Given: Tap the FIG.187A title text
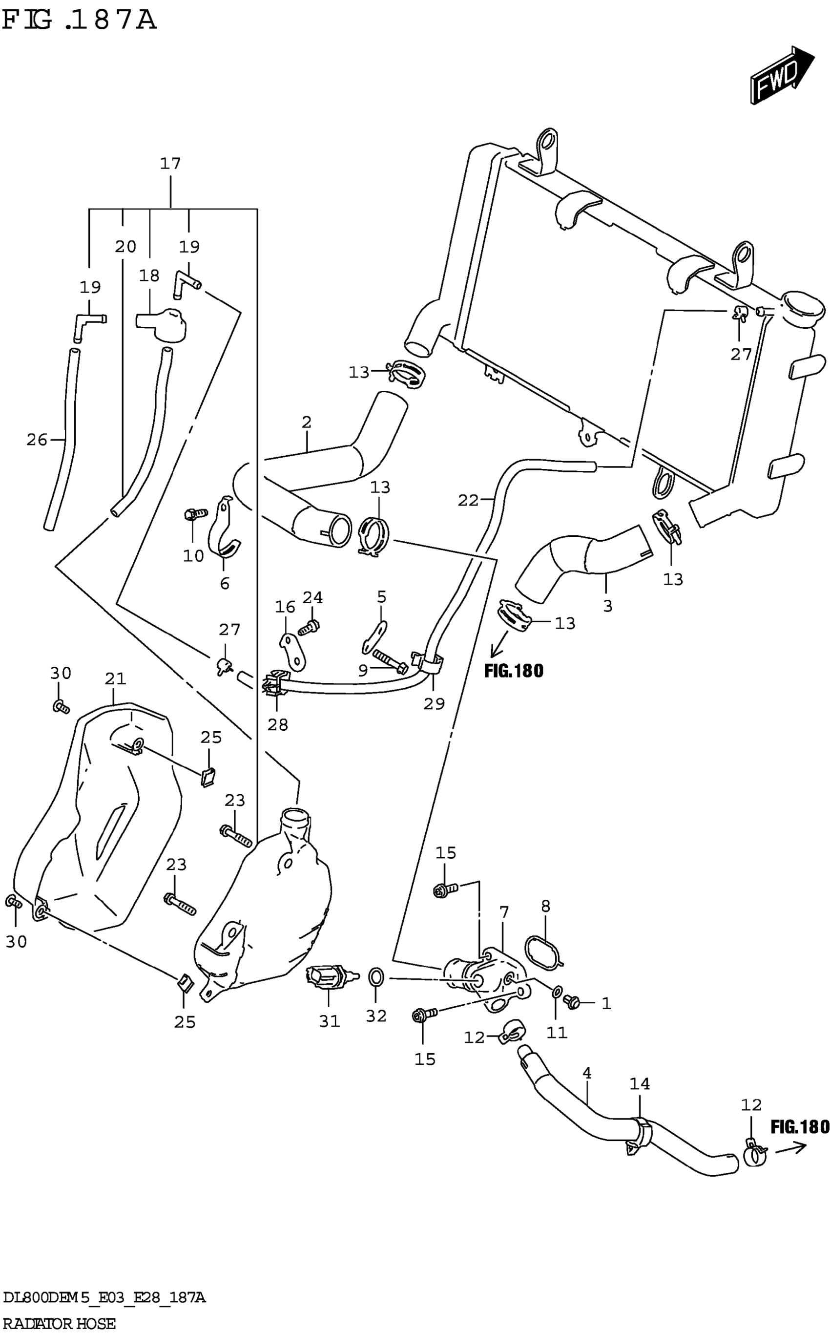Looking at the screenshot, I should (x=79, y=21).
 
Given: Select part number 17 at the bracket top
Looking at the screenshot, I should (x=170, y=163).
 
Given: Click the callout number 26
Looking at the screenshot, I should (x=37, y=440).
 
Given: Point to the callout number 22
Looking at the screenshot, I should (x=468, y=500).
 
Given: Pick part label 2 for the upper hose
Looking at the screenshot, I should (x=306, y=422).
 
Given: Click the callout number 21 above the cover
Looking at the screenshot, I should (x=115, y=679).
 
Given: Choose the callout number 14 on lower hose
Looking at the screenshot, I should (x=640, y=1084).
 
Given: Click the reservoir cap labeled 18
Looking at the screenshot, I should (x=163, y=324).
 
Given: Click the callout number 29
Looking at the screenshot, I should (x=434, y=703).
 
